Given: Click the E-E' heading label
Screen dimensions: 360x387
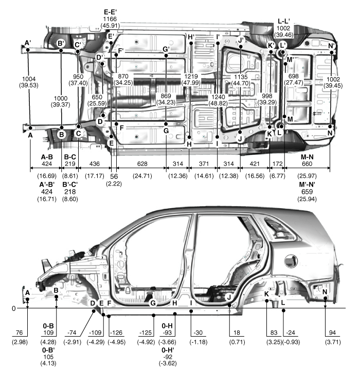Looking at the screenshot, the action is pos(110,12).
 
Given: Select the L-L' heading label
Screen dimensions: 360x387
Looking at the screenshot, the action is pos(284,22).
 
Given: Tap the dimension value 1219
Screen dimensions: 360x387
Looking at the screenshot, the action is pos(191,76).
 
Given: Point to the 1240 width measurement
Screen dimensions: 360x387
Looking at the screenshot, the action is pos(218,97).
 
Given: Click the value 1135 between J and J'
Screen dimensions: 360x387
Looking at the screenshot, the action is pos(241,77).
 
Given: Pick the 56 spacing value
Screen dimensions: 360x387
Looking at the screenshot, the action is pos(114,176).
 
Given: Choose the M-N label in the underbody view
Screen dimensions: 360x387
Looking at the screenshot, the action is pos(307,157).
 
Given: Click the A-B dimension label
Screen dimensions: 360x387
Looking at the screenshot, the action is pos(47,157).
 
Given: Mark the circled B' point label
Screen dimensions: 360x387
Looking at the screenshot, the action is pos(61,44).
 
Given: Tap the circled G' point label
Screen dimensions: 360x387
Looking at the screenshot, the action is pos(166,49).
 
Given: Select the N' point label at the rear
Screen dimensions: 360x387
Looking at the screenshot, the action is pos(331,46).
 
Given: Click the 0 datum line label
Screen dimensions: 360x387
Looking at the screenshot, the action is pos(13,308).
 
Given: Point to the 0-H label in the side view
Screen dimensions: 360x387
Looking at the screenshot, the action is pos(167,326).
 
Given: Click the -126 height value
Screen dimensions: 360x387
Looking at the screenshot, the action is pos(116,333).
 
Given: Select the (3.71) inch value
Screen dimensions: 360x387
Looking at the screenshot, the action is pos(333,342).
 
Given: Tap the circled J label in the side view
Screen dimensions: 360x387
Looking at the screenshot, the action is pos(229,297).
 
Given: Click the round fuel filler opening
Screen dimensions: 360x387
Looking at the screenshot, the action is pos(291,261).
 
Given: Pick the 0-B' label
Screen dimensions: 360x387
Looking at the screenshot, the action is pos(48,350).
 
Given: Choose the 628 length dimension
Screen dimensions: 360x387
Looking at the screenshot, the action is pos(142,163).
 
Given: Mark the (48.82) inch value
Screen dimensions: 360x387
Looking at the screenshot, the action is pos(218,103).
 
